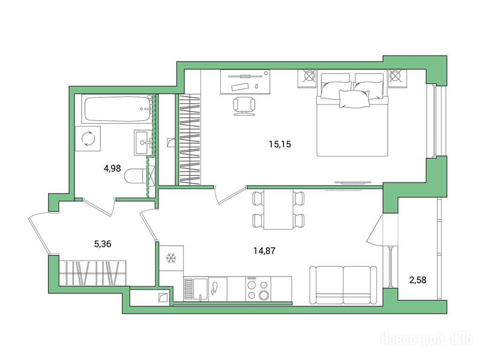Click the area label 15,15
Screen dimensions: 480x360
(280, 144)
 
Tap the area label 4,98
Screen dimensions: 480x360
(112, 168)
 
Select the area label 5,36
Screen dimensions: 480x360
(103, 244)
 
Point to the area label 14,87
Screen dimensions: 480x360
(264, 251)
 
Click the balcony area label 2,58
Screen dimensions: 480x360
(418, 280)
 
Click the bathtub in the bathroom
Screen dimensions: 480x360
(118, 109)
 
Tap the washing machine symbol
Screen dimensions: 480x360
(88, 139)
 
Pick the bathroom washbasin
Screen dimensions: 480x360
(143, 142)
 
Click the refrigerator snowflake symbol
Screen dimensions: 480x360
(171, 258)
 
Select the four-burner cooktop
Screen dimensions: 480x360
(258, 289)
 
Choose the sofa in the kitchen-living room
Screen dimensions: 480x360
(343, 285)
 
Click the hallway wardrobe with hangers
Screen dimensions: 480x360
(92, 273)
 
